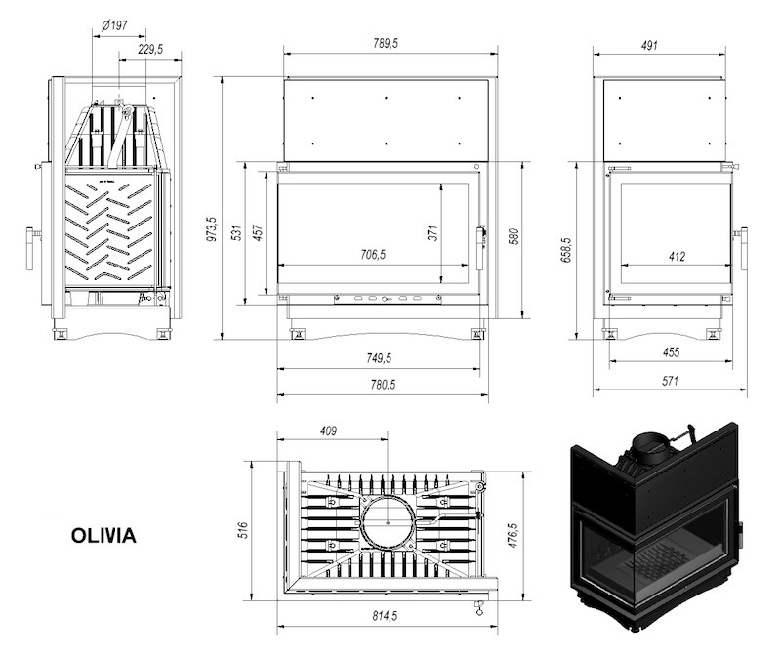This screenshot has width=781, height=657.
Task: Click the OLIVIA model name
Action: (x=103, y=536)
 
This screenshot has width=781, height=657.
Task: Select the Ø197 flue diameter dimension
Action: (x=114, y=25)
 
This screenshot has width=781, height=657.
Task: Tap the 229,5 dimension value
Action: (x=150, y=49)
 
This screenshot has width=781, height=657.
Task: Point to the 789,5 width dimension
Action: (x=386, y=43)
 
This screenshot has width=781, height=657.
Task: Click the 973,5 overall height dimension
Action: (x=212, y=228)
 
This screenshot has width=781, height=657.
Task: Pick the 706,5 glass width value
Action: (x=373, y=255)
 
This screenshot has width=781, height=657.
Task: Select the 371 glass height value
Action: (x=432, y=232)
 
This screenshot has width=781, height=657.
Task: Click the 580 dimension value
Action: (x=514, y=236)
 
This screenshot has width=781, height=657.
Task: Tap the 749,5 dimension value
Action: (x=379, y=358)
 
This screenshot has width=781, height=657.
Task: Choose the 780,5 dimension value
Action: (x=383, y=384)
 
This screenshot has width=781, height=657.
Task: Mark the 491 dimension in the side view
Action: (x=649, y=45)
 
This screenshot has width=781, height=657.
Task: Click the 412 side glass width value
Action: (x=677, y=256)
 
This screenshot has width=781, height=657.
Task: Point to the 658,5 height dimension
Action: (x=568, y=250)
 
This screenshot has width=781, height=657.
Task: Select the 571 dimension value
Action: (x=670, y=381)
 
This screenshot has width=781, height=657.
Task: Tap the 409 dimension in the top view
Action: (x=328, y=431)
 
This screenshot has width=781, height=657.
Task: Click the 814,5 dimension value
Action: (x=385, y=616)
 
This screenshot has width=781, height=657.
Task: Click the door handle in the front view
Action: (x=480, y=248)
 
